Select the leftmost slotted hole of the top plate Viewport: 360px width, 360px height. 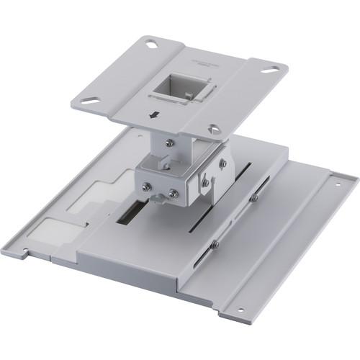click(x=89, y=100)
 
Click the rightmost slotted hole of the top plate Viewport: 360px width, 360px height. click(x=270, y=70)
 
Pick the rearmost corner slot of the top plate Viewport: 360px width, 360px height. click(x=152, y=45)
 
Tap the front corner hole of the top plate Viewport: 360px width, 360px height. click(x=214, y=130)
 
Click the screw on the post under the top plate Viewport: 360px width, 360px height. click(x=168, y=143)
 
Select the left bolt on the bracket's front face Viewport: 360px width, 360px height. click(x=146, y=187)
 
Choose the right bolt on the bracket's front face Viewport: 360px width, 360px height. click(x=173, y=193)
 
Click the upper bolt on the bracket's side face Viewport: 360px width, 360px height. click(x=222, y=164)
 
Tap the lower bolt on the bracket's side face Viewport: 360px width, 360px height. click(x=206, y=183)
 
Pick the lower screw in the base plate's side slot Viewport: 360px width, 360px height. click(x=215, y=245)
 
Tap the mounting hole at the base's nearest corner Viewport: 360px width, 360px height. click(x=240, y=311)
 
